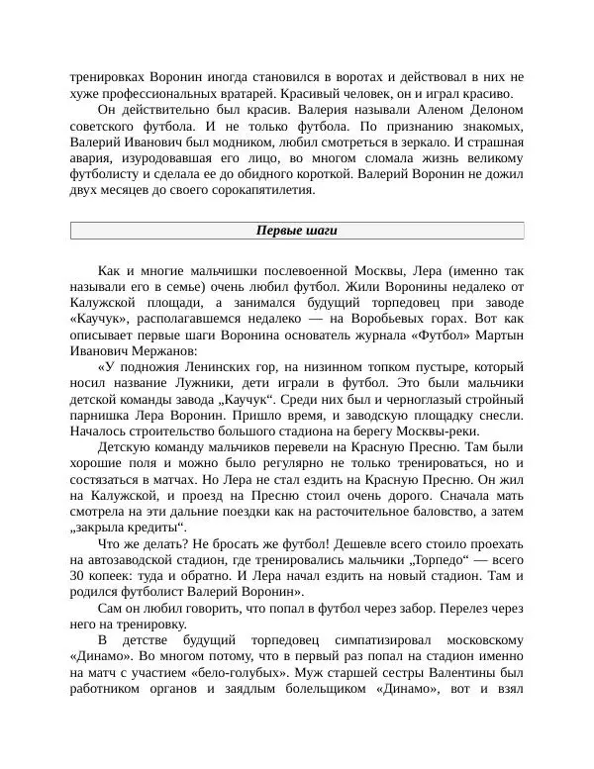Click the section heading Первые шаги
click(297, 231)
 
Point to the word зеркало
click(399, 144)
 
